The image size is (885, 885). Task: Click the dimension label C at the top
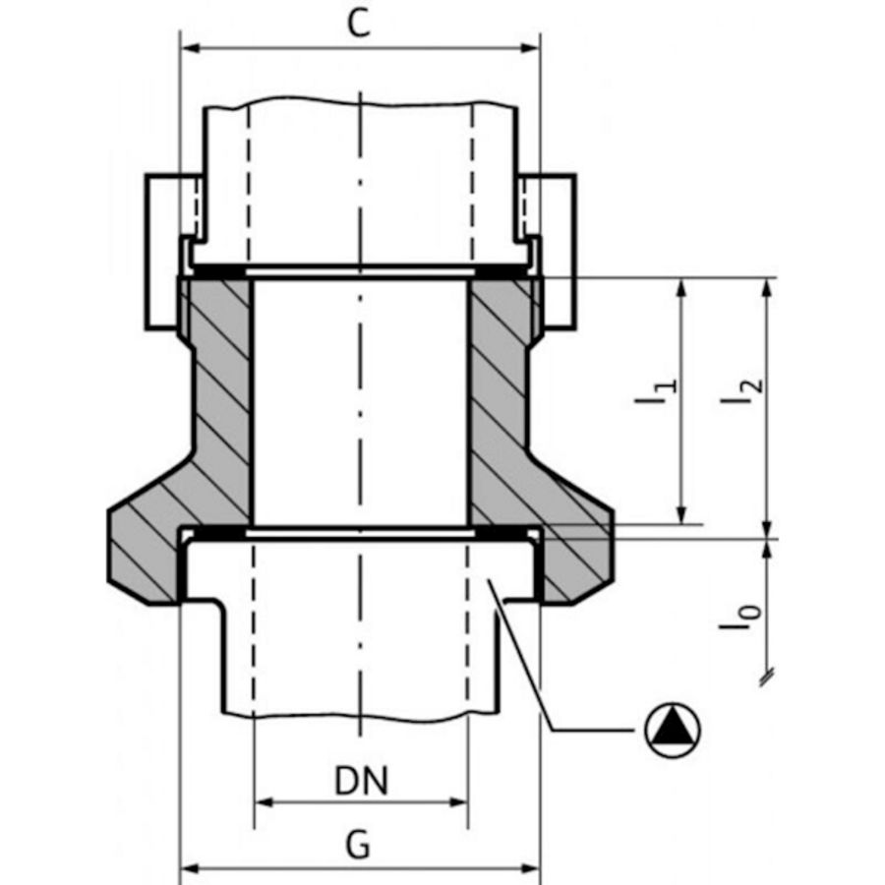(360, 25)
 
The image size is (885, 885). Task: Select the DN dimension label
(361, 781)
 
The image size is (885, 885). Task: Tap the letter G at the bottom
(360, 845)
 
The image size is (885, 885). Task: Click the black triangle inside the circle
(674, 730)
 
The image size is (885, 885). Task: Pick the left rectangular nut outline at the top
(162, 251)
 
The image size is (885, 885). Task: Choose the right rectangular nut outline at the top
(558, 251)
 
